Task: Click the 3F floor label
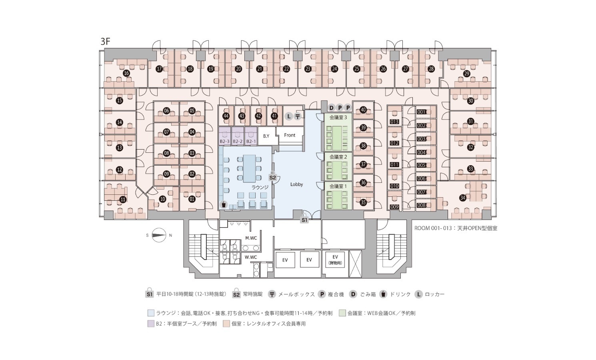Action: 105,42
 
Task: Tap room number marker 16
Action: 126,73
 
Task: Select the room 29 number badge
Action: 467,74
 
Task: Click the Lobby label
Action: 296,184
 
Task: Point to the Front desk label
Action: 290,135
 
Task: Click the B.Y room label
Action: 266,136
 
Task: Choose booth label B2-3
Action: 224,141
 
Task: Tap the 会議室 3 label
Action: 338,117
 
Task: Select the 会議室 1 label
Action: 338,186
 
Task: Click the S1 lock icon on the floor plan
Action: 304,219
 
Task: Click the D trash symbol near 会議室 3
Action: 331,108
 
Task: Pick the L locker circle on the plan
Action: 289,116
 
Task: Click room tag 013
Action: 394,122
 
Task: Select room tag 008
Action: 422,206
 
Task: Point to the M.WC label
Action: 251,238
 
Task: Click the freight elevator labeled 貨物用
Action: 335,260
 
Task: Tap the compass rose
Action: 159,235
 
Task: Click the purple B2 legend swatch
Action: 151,324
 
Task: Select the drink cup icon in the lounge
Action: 224,204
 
